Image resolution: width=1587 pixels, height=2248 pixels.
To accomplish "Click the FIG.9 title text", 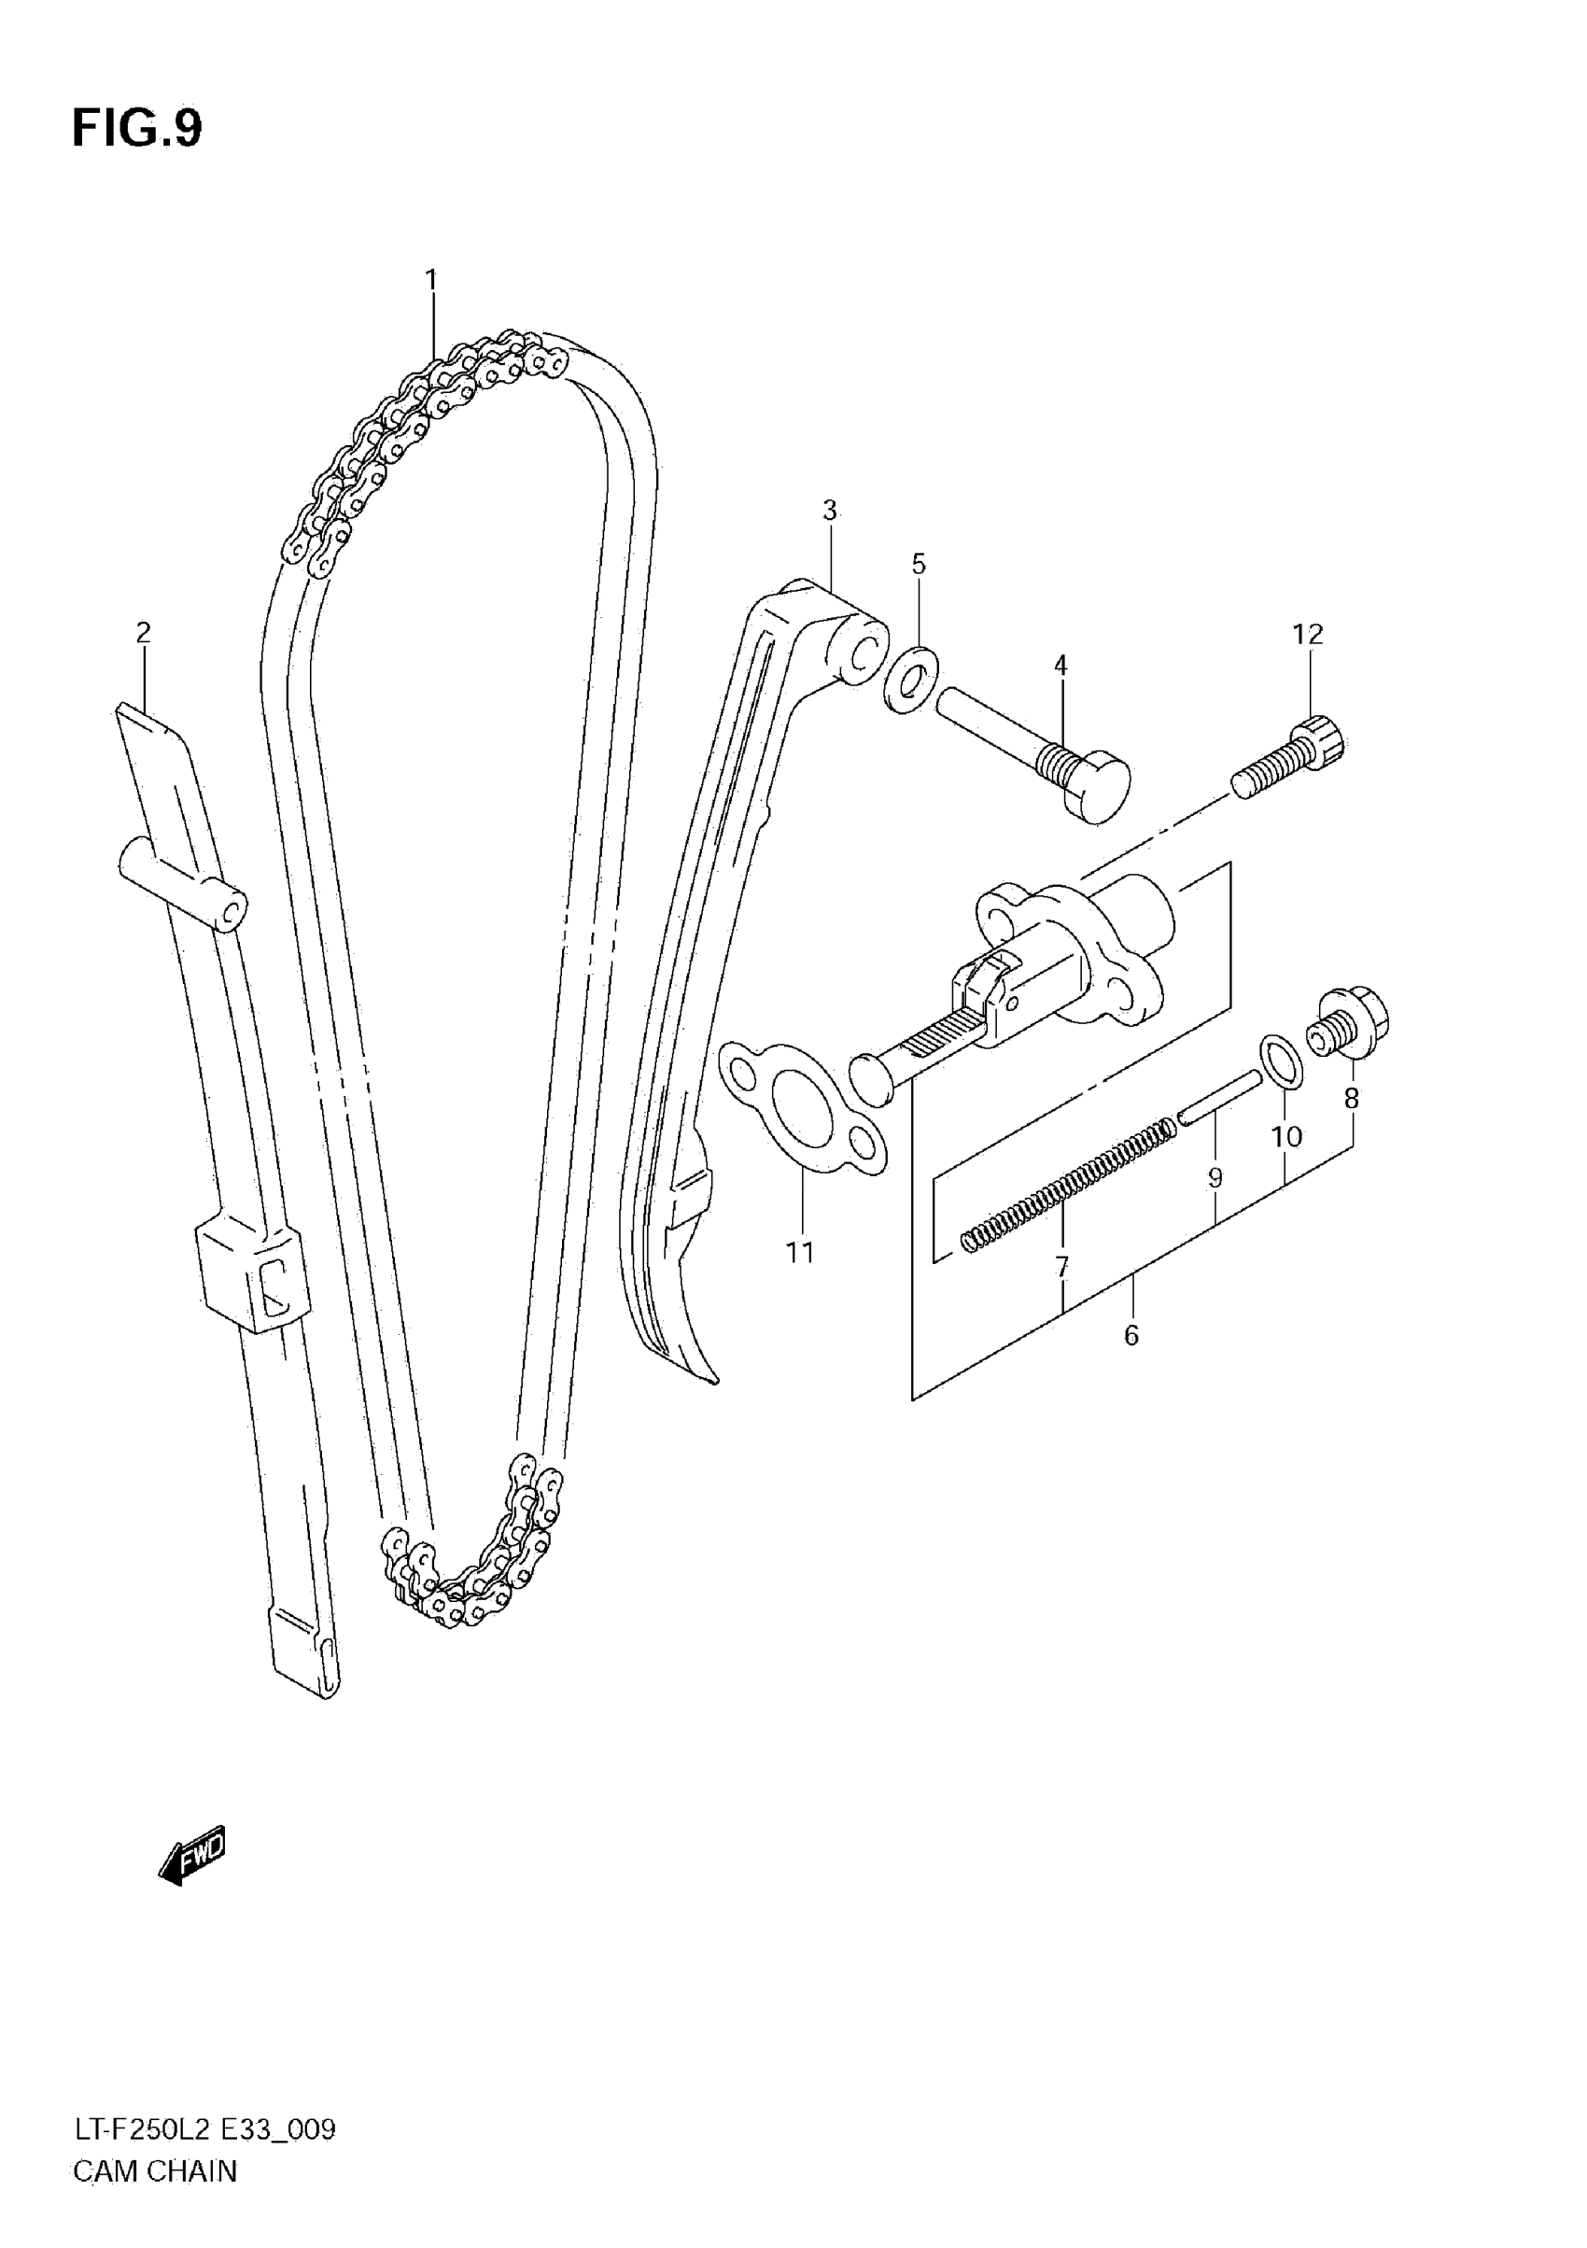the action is point(136,128).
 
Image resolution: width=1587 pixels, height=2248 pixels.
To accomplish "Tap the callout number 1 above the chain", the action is point(430,280).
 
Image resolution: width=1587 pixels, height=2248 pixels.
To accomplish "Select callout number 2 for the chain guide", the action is point(143,633).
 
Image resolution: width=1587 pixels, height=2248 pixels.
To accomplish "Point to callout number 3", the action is point(829,510).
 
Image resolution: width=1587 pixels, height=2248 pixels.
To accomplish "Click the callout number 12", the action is point(1307,635).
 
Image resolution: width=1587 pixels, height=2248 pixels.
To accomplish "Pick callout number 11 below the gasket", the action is point(800,1251).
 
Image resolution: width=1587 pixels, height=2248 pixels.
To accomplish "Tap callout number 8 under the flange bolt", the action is point(1351,1099).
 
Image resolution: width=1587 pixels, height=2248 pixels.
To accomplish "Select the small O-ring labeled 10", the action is point(1282,1061).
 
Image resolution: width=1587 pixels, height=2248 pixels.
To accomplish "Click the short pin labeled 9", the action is point(1219,1097).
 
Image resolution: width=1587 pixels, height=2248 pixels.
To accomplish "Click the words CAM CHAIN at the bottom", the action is point(155,2199).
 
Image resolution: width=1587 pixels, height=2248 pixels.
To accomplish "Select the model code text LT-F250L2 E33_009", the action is point(204,2156).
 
